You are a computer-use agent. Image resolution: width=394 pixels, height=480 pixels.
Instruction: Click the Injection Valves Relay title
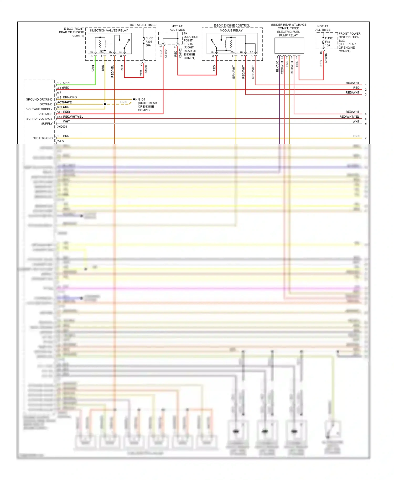pyautogui.click(x=109, y=30)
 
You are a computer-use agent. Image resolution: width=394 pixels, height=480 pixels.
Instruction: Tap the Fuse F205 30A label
pyautogui.click(x=149, y=42)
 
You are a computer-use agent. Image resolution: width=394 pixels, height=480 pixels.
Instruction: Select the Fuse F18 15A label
pyautogui.click(x=329, y=42)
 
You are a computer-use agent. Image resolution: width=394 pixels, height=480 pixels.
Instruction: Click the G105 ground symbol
pyautogui.click(x=134, y=99)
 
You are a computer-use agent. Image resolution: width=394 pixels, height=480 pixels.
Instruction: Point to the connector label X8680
pyautogui.click(x=146, y=70)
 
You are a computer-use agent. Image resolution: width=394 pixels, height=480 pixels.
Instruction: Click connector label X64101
pyautogui.click(x=166, y=53)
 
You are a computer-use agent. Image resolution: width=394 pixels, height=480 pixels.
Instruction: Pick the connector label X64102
pyautogui.click(x=180, y=53)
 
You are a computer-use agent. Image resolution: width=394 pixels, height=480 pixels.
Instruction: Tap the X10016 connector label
pyautogui.click(x=326, y=58)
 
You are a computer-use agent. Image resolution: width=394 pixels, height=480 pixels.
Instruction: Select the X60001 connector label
pyautogui.click(x=62, y=127)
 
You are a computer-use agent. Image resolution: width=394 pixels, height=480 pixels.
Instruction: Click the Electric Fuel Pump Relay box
pyautogui.click(x=289, y=46)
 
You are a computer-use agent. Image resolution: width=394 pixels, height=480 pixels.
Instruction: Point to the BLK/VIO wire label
pyautogui.click(x=277, y=66)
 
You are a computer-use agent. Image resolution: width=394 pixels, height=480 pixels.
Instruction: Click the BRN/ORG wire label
pyautogui.click(x=70, y=97)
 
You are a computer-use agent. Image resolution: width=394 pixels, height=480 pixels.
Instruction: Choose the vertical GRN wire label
pyautogui.click(x=93, y=68)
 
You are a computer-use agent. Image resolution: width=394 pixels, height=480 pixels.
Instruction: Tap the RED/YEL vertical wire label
pyautogui.click(x=112, y=71)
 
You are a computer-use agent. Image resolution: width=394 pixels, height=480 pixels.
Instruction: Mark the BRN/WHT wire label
pyautogui.click(x=234, y=72)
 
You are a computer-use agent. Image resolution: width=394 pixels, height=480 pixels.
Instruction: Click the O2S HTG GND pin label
pyautogui.click(x=43, y=138)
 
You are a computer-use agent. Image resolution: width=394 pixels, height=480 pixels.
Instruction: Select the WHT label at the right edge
pyautogui.click(x=356, y=122)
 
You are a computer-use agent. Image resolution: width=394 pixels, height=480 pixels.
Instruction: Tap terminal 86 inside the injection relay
pyautogui.click(x=91, y=52)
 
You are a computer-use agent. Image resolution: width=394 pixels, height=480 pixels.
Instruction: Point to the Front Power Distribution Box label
pyautogui.click(x=349, y=42)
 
